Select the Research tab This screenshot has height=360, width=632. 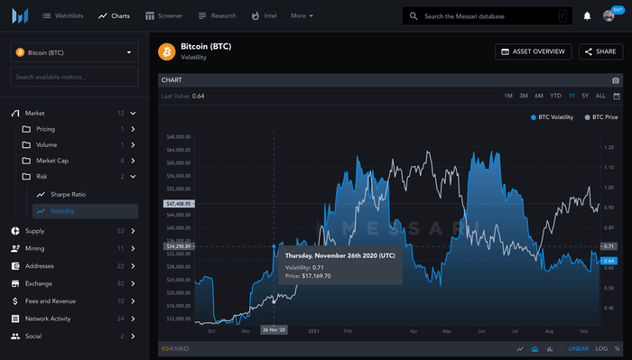[x=217, y=15]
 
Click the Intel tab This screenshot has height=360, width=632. [x=265, y=15]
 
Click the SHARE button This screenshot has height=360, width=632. [x=600, y=52]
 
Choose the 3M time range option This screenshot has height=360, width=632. [x=523, y=96]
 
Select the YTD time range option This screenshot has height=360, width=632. [x=555, y=96]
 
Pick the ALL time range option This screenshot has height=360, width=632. [x=600, y=96]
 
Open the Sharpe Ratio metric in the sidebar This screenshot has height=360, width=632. [x=68, y=194]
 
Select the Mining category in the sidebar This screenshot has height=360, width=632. [x=34, y=248]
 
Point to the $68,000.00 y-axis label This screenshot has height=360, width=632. [x=179, y=136]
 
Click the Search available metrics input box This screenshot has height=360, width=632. [x=74, y=77]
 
